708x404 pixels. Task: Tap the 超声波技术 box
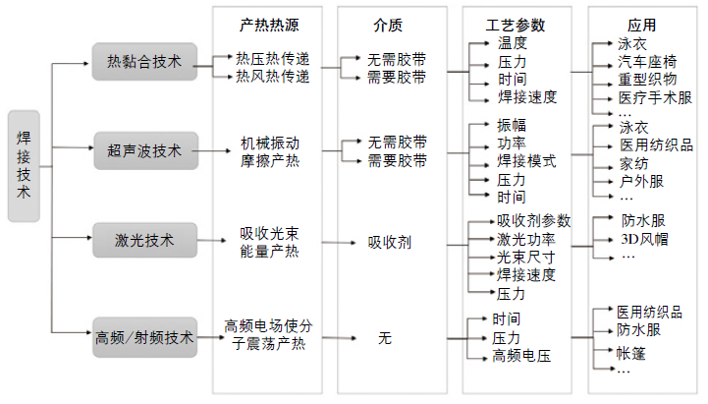tap(144, 150)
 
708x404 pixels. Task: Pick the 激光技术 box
tap(144, 239)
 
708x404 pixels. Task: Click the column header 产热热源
tap(268, 24)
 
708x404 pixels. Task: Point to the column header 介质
tap(388, 24)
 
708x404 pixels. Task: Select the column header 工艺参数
tap(516, 24)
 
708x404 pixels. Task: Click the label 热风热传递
tap(272, 77)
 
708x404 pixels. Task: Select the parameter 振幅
tap(512, 126)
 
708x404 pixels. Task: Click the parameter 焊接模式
tap(526, 161)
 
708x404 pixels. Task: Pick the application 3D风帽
tap(644, 238)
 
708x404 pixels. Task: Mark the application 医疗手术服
tap(655, 98)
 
